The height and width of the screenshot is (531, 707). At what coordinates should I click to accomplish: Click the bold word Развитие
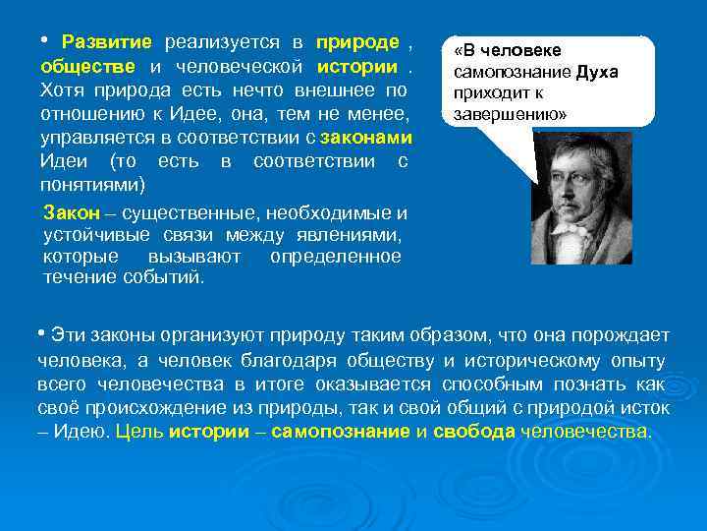click(106, 42)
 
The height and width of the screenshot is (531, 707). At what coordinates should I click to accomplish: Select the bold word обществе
click(88, 66)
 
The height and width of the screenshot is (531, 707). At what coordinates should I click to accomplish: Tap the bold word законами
click(370, 137)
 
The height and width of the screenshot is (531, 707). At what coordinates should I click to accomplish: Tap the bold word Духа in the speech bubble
click(597, 73)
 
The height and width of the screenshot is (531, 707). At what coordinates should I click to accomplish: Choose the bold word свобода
click(475, 432)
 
